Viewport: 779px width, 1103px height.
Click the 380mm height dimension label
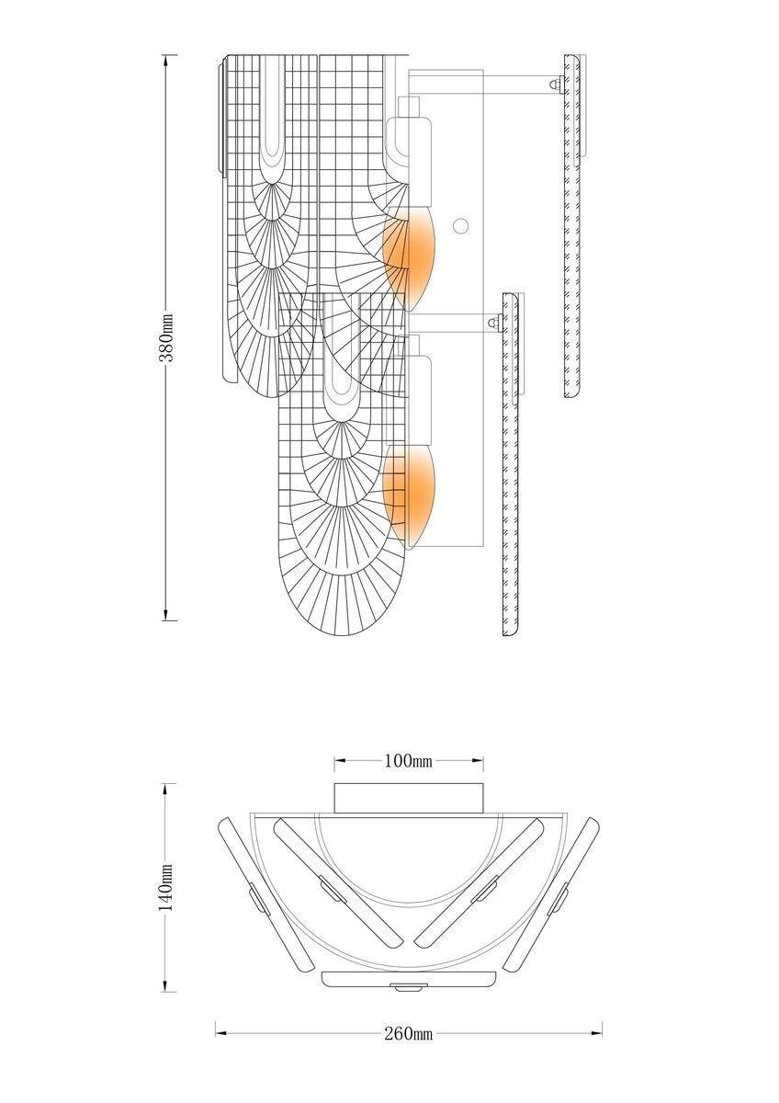(x=167, y=337)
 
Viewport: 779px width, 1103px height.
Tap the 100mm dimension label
(x=408, y=761)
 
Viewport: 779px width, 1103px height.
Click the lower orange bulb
(x=410, y=497)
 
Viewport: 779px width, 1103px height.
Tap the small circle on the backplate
(x=460, y=226)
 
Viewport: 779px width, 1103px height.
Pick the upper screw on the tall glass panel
(x=557, y=84)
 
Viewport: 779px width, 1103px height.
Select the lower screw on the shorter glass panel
(x=494, y=323)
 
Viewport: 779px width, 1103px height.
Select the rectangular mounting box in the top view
(x=409, y=798)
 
